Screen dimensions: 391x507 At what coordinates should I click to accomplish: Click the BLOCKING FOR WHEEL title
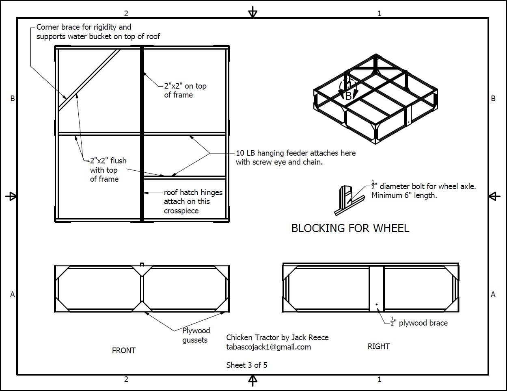click(x=350, y=228)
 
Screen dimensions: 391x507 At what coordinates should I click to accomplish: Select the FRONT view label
click(x=123, y=350)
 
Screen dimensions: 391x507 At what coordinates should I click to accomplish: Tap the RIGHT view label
click(x=378, y=346)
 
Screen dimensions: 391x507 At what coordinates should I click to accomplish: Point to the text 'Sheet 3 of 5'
click(x=246, y=365)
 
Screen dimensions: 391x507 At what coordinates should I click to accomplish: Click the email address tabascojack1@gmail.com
click(x=268, y=347)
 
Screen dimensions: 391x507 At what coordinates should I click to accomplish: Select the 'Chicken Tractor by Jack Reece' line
click(x=277, y=337)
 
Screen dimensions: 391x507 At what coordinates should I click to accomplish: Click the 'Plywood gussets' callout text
click(x=196, y=335)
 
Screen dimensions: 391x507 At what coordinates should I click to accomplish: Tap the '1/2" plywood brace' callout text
click(x=419, y=323)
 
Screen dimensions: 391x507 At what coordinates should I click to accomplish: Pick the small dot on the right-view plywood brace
click(x=377, y=304)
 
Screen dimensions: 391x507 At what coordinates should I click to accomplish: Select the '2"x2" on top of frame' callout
click(x=185, y=90)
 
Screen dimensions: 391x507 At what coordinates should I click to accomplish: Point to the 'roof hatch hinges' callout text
click(x=193, y=201)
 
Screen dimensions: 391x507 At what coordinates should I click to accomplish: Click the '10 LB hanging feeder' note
click(x=296, y=157)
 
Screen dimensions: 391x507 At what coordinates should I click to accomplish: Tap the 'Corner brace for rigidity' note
click(x=98, y=32)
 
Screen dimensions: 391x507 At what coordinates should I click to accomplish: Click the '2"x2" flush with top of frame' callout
click(x=108, y=170)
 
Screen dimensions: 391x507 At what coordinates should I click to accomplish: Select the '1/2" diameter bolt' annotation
click(x=423, y=191)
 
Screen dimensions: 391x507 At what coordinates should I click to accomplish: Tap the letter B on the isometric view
click(x=348, y=96)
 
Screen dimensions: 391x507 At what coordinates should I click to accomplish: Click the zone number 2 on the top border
click(x=126, y=13)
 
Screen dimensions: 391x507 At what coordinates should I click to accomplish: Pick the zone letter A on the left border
click(x=13, y=294)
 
